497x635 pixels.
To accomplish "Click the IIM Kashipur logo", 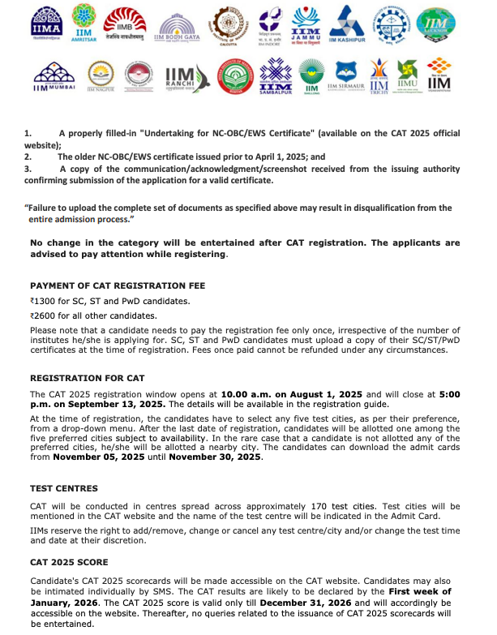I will coord(353,25).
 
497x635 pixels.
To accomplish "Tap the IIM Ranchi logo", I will coord(180,77).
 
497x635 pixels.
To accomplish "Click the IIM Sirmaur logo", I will coord(344,78).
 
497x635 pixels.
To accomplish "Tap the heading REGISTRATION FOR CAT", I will coord(87,378).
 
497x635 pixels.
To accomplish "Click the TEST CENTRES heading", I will coord(63,489).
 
